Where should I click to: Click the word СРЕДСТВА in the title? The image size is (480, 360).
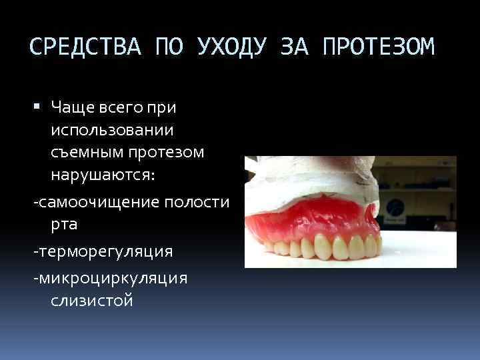pyautogui.click(x=87, y=47)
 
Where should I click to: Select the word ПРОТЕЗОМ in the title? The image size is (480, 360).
pyautogui.click(x=377, y=47)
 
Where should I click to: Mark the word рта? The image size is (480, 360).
pyautogui.click(x=64, y=225)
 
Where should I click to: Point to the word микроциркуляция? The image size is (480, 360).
pyautogui.click(x=111, y=278)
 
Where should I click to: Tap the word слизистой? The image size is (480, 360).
pyautogui.click(x=92, y=301)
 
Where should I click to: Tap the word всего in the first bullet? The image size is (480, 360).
pyautogui.click(x=125, y=107)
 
